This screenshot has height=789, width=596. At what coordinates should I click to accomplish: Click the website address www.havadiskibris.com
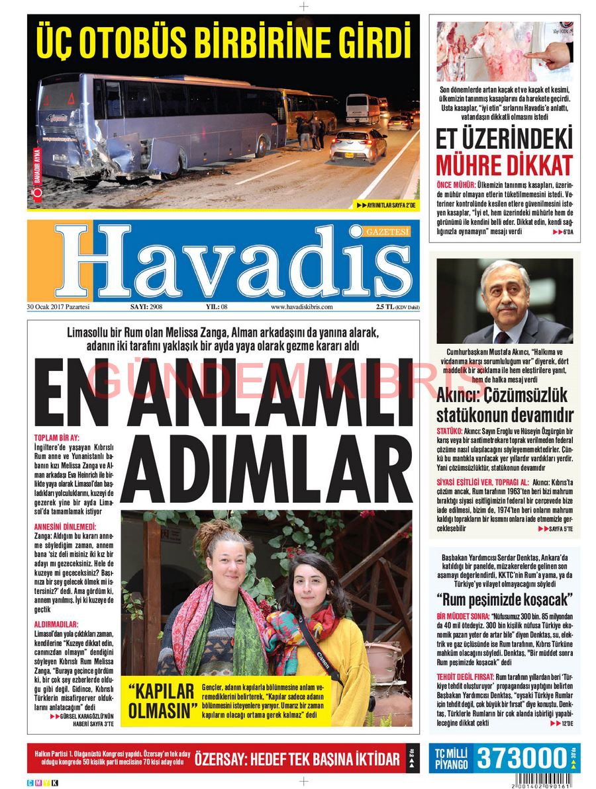point(301,307)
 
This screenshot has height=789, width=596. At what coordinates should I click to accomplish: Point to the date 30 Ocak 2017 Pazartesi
point(58,307)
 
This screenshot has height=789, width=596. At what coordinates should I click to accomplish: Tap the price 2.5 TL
point(385,307)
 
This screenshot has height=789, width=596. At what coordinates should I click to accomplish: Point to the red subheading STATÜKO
point(448,431)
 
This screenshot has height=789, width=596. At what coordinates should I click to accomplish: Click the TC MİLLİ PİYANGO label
point(451,759)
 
